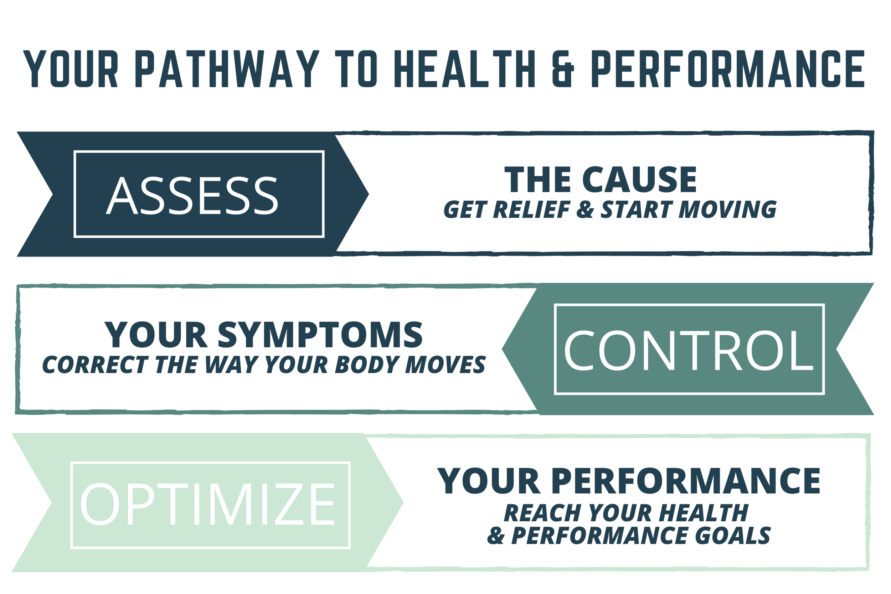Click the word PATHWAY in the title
click(227, 68)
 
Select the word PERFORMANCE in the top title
click(728, 68)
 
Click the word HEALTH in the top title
click(464, 68)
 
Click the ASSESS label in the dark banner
click(192, 196)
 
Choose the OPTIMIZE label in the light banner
click(207, 504)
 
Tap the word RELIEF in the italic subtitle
click(531, 210)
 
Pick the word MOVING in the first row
click(727, 210)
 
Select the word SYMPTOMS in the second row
click(320, 335)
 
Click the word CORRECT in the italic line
click(95, 365)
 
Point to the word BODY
click(367, 365)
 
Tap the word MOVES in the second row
click(445, 365)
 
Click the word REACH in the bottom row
click(542, 513)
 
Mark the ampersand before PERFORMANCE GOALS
click(496, 536)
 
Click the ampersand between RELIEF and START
click(585, 210)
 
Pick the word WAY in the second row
click(231, 365)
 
